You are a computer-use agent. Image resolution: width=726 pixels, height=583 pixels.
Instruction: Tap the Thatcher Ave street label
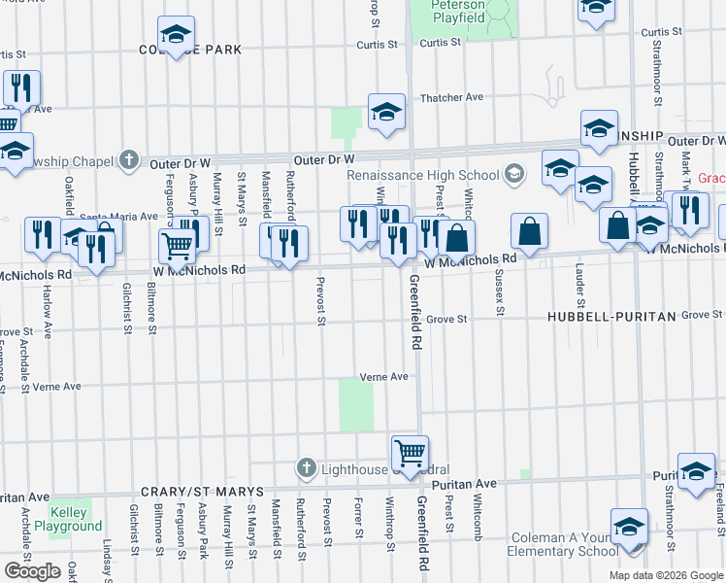(x=450, y=98)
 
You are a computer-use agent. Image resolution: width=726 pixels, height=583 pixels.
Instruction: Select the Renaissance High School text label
(x=423, y=176)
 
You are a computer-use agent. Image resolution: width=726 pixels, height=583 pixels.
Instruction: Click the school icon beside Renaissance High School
(x=514, y=176)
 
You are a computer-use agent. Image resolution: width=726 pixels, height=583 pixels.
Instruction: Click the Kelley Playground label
(x=68, y=519)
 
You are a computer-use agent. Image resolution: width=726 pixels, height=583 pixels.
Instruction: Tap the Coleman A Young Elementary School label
(x=562, y=543)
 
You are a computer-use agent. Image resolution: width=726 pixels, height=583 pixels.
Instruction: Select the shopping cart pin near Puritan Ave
(x=410, y=452)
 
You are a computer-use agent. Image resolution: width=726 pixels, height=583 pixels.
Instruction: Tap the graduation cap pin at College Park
(x=176, y=35)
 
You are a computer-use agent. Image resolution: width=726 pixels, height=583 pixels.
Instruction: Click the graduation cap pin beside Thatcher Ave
(x=385, y=112)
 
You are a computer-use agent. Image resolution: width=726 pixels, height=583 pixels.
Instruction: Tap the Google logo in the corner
(x=33, y=571)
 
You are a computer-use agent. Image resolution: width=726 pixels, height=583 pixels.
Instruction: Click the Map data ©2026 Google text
(x=666, y=575)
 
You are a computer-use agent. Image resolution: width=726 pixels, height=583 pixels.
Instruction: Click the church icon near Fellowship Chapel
(x=128, y=160)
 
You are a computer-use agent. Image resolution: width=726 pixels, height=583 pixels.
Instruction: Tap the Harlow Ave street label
(x=47, y=305)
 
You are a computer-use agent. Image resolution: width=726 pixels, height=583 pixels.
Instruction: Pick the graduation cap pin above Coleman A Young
(x=629, y=526)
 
